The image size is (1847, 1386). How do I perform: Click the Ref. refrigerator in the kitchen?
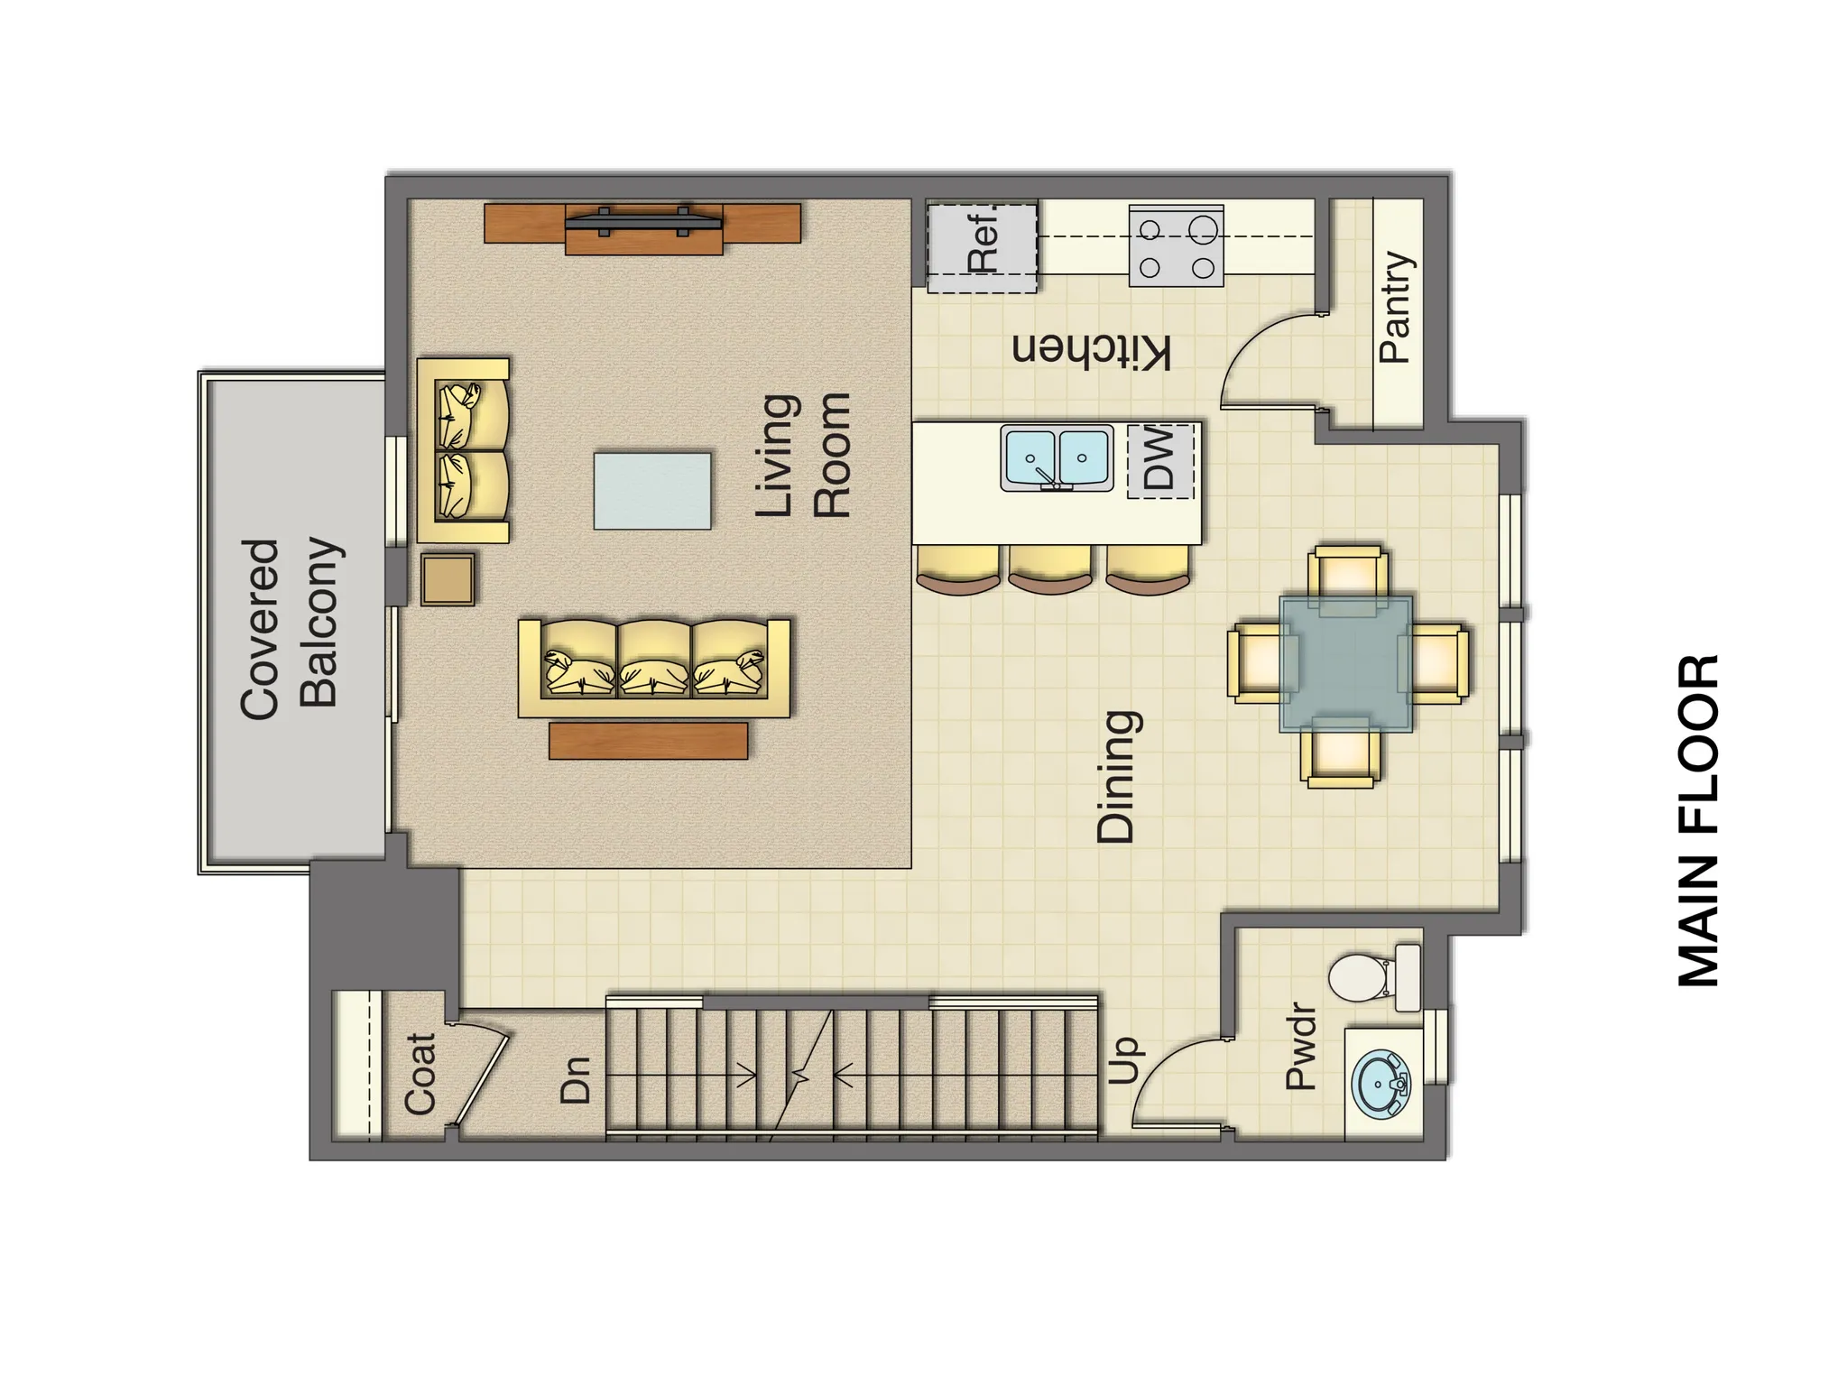point(983,246)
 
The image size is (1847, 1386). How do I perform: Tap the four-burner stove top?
point(1176,246)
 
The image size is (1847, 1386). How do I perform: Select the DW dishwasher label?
point(1160,459)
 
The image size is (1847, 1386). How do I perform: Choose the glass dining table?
point(1346,663)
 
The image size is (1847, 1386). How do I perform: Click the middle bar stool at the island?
point(1049,568)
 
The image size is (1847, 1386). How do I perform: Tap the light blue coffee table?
point(651,491)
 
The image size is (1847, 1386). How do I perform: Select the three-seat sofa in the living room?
point(654,668)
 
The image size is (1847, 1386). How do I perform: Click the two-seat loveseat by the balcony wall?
point(463,450)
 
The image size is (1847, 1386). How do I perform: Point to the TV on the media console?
point(643,220)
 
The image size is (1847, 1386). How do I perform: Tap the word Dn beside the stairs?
point(576,1079)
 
